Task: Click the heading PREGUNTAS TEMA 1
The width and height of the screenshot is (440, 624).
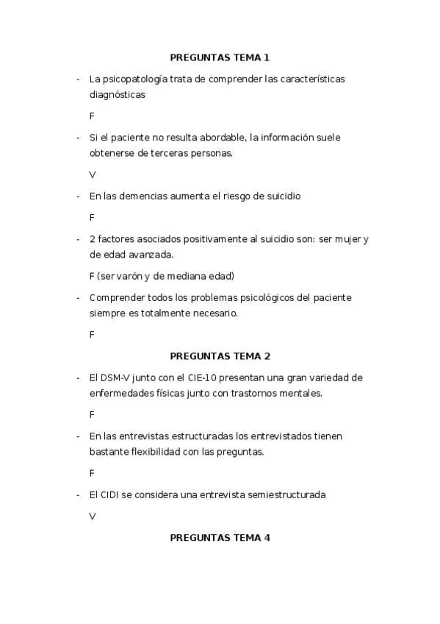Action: [220, 57]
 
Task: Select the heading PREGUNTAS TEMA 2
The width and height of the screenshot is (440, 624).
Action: [220, 356]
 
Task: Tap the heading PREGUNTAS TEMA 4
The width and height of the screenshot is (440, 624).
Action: [220, 538]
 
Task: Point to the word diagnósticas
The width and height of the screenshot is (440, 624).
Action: [117, 95]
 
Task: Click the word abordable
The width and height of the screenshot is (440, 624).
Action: [219, 138]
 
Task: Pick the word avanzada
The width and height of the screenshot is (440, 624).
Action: [151, 255]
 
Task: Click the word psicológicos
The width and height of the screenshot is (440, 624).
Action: [254, 298]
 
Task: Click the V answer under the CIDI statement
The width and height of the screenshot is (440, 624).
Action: [93, 517]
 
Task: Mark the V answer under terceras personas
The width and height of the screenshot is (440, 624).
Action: [93, 175]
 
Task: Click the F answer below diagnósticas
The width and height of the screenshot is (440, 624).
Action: [92, 116]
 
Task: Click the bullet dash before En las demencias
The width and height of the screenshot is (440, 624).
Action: [77, 196]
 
